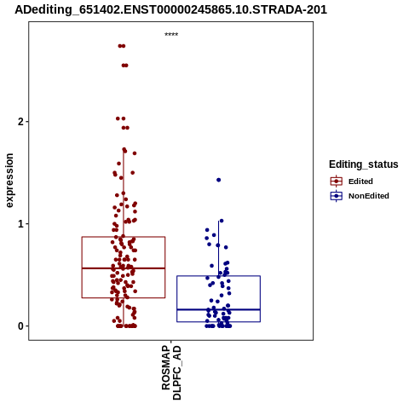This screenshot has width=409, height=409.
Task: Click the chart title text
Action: point(170,9)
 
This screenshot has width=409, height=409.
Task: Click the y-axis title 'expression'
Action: point(9,181)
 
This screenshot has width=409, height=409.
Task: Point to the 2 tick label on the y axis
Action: point(20,122)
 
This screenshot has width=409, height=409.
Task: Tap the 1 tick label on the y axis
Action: point(20,224)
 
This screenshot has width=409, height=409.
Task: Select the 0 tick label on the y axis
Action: point(20,326)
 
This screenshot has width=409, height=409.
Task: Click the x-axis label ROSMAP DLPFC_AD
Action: point(171,372)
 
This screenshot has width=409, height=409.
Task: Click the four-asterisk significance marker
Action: point(171,34)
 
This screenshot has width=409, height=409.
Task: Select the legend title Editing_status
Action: point(364,164)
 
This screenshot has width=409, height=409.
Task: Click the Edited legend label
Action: point(360,181)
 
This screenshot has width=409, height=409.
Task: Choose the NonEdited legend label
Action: point(369,196)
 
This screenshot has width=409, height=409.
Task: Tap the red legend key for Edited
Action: point(337,181)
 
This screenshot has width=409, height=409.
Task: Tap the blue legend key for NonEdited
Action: point(337,196)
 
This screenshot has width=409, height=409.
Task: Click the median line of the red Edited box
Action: point(124,268)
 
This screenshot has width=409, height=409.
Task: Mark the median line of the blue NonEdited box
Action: point(218,309)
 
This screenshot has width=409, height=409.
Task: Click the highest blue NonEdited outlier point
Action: point(218,180)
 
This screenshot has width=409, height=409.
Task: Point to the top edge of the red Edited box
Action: point(124,237)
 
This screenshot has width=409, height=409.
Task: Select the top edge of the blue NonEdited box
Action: point(218,276)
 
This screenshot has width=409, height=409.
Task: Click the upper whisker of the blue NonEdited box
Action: point(218,248)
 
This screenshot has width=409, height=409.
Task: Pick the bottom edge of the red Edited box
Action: point(124,297)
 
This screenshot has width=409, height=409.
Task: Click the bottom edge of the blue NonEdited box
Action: point(218,322)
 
